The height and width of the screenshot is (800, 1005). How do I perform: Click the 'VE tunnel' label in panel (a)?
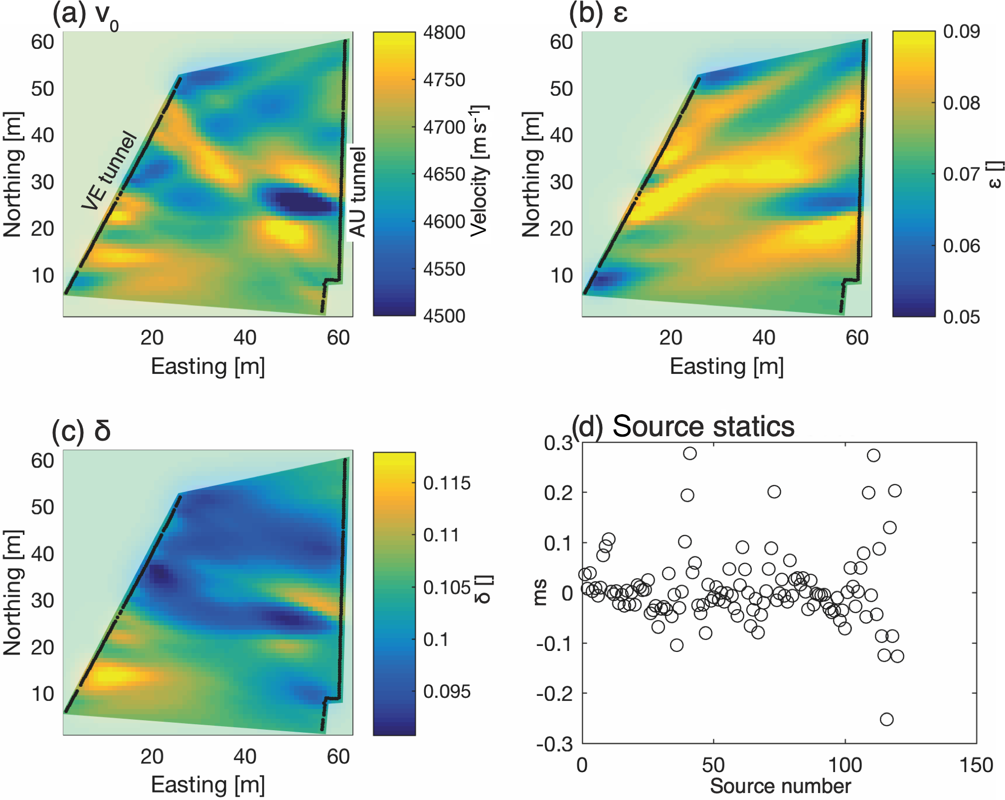coord(109,170)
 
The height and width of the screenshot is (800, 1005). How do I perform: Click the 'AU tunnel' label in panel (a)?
coord(358,192)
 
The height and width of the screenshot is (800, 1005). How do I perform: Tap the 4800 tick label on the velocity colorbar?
coord(444,33)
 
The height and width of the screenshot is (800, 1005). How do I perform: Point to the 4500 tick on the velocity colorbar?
coord(444,316)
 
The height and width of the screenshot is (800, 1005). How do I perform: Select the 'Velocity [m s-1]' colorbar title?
coord(480,170)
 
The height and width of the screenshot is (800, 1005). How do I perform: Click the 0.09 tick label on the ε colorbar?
coord(961,32)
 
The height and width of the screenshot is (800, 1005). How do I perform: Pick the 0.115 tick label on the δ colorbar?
coord(447,483)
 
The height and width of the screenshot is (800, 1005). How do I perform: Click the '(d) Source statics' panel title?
coord(683,427)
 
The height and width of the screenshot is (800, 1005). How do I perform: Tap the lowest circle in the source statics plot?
coord(886,719)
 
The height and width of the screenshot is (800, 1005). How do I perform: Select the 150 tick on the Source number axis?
coord(976,765)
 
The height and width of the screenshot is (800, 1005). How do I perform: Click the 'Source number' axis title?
coord(780,786)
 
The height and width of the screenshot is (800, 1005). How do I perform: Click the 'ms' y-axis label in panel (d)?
coord(540,593)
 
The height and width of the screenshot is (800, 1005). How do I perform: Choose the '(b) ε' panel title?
coord(598,14)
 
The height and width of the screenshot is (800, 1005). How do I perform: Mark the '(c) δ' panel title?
coord(81,431)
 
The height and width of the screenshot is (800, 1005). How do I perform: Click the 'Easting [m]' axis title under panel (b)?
coord(726,366)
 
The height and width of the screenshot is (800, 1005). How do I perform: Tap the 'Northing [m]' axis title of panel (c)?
coord(13,593)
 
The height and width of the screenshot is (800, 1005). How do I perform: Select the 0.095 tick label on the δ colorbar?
coord(447,692)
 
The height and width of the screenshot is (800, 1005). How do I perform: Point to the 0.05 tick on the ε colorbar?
coord(961,317)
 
